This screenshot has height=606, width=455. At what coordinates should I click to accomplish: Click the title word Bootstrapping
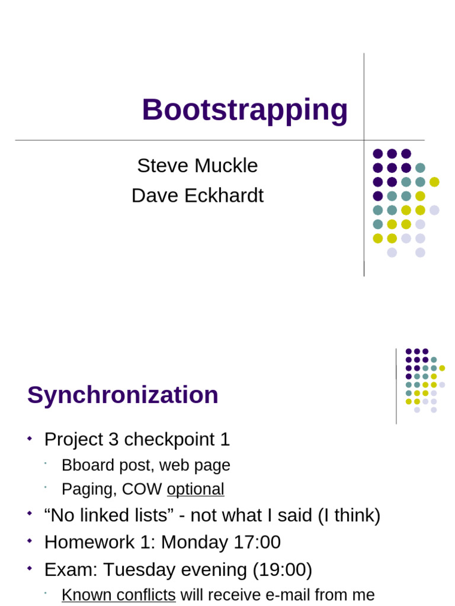point(244,110)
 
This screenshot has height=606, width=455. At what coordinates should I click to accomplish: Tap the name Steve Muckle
point(197,166)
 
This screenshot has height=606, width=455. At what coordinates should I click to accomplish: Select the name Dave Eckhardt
point(197,195)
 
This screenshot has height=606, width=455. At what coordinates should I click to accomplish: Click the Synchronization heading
point(123,395)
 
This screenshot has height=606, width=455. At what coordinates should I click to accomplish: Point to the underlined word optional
point(196,489)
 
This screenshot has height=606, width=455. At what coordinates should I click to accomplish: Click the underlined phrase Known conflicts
point(118,594)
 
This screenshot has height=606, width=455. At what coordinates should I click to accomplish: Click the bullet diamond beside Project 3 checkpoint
point(30,439)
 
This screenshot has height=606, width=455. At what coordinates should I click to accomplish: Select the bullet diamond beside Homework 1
point(30,541)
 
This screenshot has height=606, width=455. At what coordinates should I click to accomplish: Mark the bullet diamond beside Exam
point(30,568)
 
